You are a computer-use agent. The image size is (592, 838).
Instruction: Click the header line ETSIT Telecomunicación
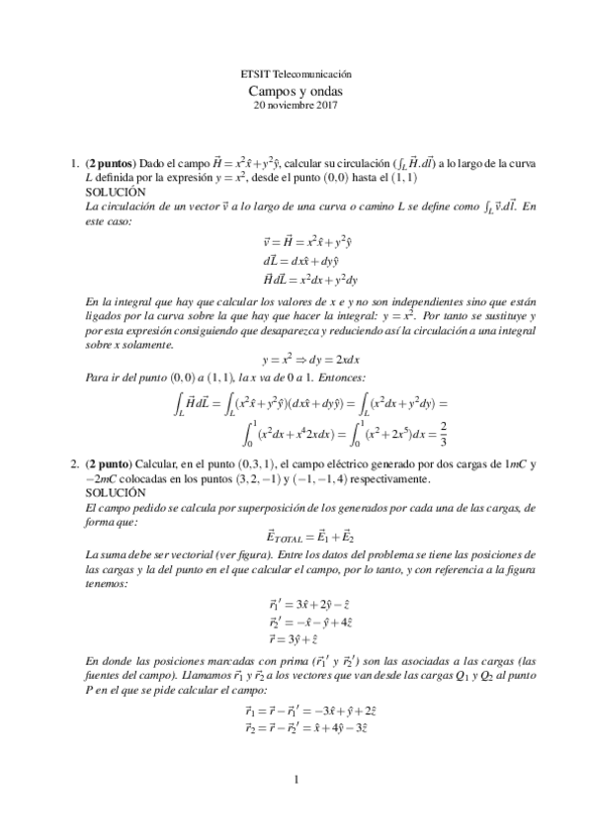(x=296, y=75)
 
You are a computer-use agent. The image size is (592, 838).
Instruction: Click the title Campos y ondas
(x=296, y=90)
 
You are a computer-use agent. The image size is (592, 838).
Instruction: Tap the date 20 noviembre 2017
(x=296, y=104)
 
